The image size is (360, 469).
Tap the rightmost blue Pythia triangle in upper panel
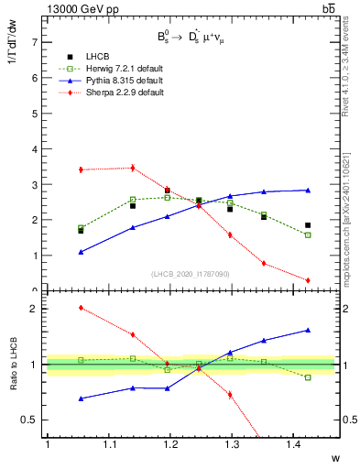pos(308,190)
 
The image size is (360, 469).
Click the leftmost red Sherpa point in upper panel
pos(82,169)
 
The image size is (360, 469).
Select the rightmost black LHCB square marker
pos(308,225)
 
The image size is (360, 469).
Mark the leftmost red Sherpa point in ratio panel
pos(82,308)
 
